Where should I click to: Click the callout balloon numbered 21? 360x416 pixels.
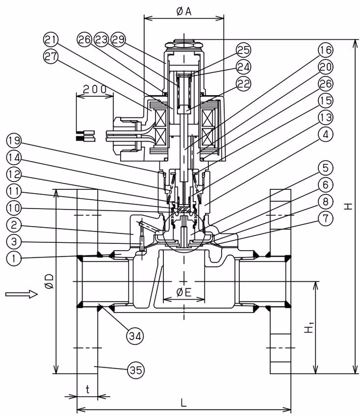tap(50, 40)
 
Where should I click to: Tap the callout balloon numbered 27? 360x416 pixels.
tap(50, 56)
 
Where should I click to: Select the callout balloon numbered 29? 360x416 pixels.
tap(119, 40)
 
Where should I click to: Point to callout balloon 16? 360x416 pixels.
tap(326, 50)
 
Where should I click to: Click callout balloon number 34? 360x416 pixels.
tap(135, 336)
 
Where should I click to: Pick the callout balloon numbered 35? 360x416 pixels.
tap(136, 370)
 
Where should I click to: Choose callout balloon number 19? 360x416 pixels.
tap(14, 140)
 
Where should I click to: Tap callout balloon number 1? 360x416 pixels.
tap(14, 258)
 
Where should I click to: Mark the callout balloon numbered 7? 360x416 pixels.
tap(326, 218)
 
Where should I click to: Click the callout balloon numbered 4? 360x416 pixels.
tap(326, 134)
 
